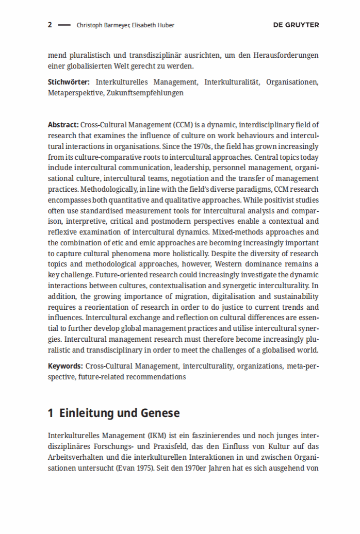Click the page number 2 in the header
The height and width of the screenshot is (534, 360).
coord(50,25)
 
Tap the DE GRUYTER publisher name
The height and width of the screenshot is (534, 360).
coord(296,25)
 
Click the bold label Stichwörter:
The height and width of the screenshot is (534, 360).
coord(69,82)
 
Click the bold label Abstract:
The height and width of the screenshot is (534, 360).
coord(63,125)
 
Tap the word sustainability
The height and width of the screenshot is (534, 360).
coord(295,296)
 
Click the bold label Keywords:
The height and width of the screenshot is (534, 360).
coord(65,366)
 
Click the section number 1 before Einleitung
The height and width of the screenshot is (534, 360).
coord(51,413)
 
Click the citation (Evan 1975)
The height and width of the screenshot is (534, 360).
coord(126,468)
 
